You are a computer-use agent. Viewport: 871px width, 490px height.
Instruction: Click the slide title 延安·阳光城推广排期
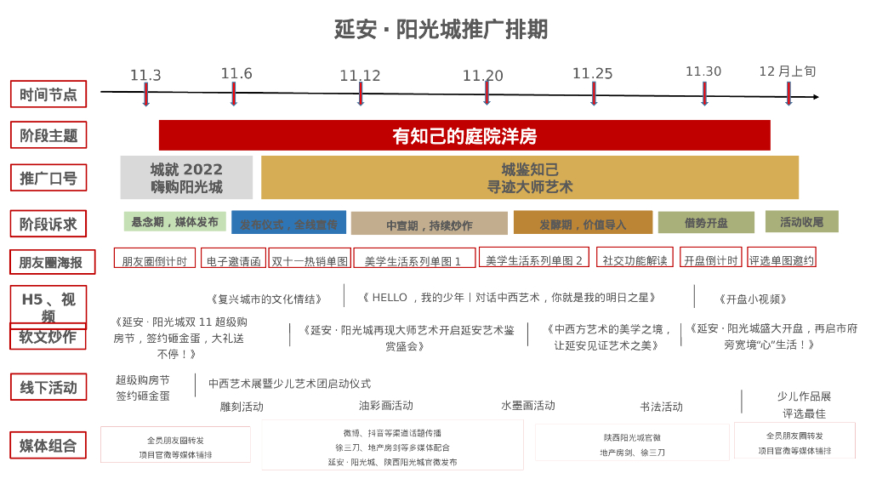coord(441,30)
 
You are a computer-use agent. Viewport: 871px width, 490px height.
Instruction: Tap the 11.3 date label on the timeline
coord(145,76)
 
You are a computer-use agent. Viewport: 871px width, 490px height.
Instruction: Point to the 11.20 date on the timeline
coord(482,76)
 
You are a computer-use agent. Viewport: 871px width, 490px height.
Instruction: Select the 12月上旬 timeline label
coord(787,71)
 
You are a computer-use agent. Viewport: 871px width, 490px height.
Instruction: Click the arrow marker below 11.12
coord(361,94)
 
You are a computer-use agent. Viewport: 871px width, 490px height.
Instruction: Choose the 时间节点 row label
coord(48,94)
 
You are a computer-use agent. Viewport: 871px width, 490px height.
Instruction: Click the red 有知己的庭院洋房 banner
coord(464,135)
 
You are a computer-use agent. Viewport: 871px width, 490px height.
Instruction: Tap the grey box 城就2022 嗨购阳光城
coord(186,178)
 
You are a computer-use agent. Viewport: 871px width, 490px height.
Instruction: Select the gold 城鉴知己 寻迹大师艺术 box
coord(529,178)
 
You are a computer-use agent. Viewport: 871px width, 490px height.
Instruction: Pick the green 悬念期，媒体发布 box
coord(174,222)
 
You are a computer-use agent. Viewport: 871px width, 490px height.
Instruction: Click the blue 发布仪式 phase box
coord(288,223)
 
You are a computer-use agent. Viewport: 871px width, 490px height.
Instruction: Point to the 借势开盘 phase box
coord(706,223)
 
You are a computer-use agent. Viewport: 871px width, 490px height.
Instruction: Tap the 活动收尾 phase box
coord(801,222)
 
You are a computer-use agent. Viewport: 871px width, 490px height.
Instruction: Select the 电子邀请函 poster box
coord(233,260)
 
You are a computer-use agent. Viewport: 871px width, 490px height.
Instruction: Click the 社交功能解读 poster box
coord(635,259)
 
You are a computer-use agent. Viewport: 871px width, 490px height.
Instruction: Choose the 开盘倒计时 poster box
coord(710,259)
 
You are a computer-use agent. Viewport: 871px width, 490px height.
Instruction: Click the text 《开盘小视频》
coord(753,299)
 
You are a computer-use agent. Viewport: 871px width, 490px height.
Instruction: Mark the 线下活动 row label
coord(48,388)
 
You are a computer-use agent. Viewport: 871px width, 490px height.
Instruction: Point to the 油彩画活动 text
coord(385,406)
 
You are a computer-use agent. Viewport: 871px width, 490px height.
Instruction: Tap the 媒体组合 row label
coord(48,446)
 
